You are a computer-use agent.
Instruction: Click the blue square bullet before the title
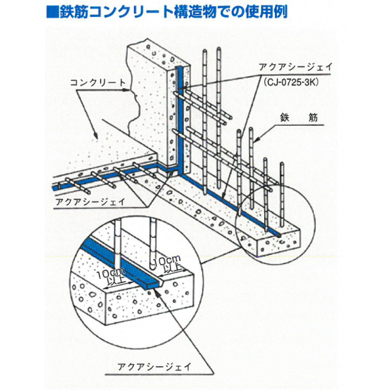pos(53,12)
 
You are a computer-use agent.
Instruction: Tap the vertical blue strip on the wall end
pos(181,120)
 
